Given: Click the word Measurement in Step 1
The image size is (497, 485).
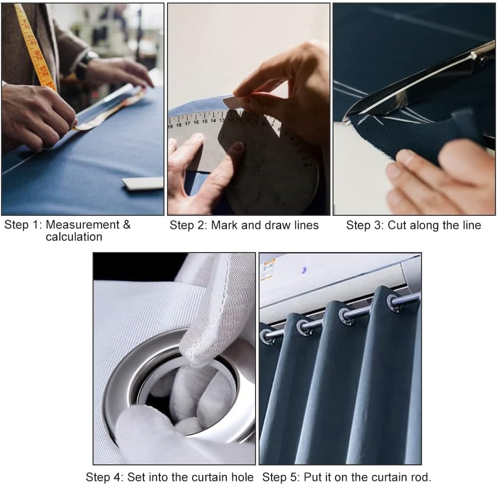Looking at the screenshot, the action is [77, 225].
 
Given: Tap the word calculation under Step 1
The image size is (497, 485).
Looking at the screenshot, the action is [74, 237].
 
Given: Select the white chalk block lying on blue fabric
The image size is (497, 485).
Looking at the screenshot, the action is [143, 183].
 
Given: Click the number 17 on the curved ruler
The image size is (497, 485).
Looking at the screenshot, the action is [187, 123].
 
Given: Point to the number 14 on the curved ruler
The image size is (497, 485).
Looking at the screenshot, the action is [213, 120].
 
